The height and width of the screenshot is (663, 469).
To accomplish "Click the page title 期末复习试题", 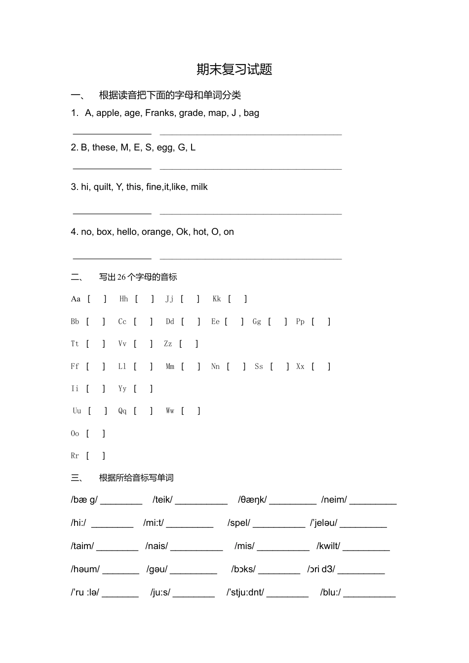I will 234,70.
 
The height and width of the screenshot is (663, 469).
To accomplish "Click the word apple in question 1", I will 108,113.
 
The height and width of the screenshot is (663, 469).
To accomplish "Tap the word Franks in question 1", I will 159,113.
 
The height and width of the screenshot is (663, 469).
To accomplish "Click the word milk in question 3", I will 199,187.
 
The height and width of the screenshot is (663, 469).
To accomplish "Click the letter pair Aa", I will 76,299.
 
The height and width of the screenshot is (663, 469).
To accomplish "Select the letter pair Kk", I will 217,299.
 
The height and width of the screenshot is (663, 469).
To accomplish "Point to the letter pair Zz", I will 168,344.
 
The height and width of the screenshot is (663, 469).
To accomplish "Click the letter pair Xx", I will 300,367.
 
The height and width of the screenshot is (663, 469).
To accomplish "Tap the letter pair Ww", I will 170,411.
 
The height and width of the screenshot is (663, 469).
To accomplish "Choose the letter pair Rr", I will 75,456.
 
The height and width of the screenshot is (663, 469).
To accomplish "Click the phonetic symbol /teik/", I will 162,500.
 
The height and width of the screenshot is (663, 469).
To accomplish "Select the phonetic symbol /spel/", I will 238,523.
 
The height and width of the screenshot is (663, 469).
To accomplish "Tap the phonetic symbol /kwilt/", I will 328,546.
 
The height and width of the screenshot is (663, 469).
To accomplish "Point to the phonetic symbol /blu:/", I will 330,592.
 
